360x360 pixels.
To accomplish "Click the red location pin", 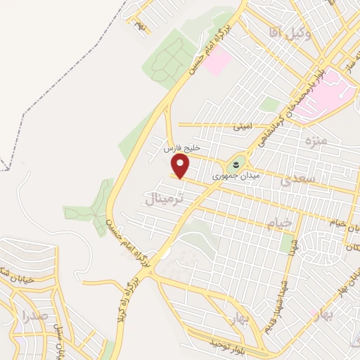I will (x=181, y=166).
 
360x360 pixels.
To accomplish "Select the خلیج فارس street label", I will (x=182, y=149).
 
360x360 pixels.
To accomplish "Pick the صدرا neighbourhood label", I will (x=35, y=315).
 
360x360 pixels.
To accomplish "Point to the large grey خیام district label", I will (x=279, y=224).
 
